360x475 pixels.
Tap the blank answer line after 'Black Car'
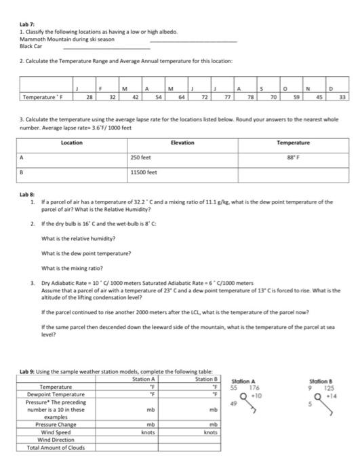coord(106,47)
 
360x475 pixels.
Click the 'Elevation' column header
coord(182,142)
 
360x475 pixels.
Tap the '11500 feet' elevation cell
coord(143,172)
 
